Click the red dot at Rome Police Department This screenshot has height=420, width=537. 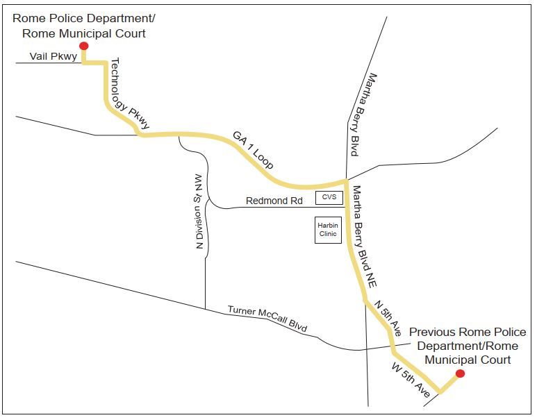[x=84, y=47]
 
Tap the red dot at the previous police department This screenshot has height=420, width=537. [x=459, y=373]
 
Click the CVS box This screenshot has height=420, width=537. [x=329, y=198]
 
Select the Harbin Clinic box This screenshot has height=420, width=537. [x=327, y=230]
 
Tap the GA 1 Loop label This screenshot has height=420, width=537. [x=254, y=150]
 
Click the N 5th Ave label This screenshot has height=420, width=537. [x=388, y=318]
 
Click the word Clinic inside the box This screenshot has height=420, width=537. [x=327, y=234]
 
